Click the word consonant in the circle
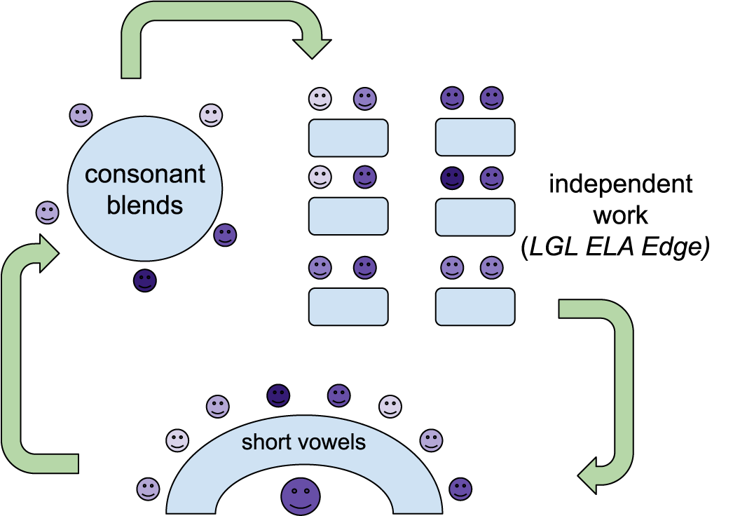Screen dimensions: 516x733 [x=145, y=174]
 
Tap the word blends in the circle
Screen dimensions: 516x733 [x=145, y=205]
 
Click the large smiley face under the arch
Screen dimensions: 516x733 [x=301, y=496]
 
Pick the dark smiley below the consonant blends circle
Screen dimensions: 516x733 [x=145, y=281]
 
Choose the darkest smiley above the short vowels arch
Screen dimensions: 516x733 [x=278, y=396]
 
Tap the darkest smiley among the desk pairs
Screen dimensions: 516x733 [x=453, y=178]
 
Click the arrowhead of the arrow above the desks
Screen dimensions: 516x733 [x=312, y=48]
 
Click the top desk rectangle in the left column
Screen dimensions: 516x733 [x=348, y=137]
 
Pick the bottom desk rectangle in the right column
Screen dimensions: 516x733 [x=475, y=306]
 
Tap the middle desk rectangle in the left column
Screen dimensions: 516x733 [x=348, y=216]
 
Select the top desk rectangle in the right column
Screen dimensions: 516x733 [x=475, y=137]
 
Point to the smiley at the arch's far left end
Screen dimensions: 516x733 [x=149, y=489]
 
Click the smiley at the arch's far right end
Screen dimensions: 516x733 [x=460, y=489]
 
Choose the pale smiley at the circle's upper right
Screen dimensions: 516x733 [x=211, y=115]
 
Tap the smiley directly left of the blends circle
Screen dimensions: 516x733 [x=48, y=212]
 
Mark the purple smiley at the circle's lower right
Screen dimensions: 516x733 [x=225, y=235]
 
